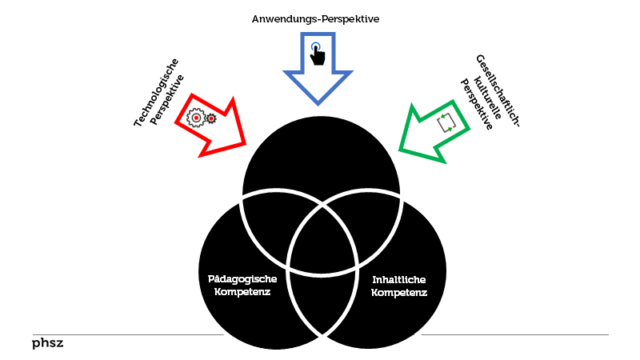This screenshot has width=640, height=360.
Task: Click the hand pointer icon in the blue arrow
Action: coord(318,53)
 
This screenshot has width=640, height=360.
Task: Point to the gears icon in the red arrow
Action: coord(202,118)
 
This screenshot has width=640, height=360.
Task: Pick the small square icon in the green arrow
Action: coord(446,122)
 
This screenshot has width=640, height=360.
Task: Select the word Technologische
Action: coord(156,94)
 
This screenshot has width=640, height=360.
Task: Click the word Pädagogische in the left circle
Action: coord(242,279)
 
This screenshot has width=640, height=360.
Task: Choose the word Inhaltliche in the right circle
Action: coord(398,279)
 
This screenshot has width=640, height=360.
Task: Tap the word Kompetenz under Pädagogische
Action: coord(242,292)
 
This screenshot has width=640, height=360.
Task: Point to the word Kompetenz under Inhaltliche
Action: coord(398,293)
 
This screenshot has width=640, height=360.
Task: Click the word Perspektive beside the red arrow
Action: coord(168,100)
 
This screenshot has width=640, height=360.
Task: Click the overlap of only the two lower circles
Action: coord(321,300)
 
